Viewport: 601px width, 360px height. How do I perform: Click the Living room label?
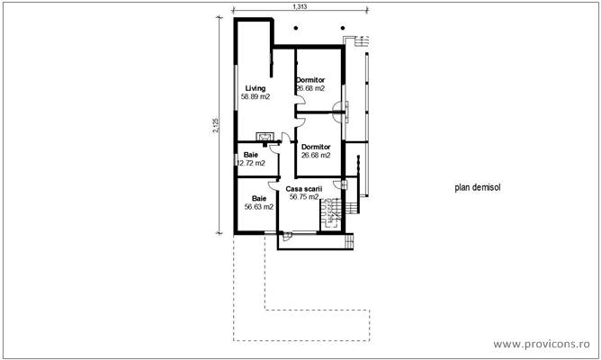pyautogui.click(x=256, y=88)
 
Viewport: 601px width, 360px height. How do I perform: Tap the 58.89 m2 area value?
pyautogui.click(x=256, y=96)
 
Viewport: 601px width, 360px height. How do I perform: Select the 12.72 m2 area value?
pyautogui.click(x=251, y=163)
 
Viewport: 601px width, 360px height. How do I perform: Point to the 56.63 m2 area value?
pyautogui.click(x=259, y=207)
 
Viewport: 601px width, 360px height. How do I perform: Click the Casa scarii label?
pyautogui.click(x=304, y=189)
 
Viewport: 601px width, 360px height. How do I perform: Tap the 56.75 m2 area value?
pyautogui.click(x=304, y=197)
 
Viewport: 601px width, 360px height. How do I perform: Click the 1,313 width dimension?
pyautogui.click(x=300, y=6)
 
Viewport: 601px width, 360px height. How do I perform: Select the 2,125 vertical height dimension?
pyautogui.click(x=216, y=125)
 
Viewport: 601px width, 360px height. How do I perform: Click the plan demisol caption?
pyautogui.click(x=478, y=187)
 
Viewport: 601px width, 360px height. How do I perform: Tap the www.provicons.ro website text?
pyautogui.click(x=542, y=344)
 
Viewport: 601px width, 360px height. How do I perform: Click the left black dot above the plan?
pyautogui.click(x=296, y=28)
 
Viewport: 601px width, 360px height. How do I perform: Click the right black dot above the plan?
pyautogui.click(x=343, y=28)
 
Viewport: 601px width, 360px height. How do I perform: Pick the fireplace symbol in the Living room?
pyautogui.click(x=265, y=137)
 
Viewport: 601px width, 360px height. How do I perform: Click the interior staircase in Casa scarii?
pyautogui.click(x=330, y=214)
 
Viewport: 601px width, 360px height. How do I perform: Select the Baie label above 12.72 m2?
pyautogui.click(x=251, y=155)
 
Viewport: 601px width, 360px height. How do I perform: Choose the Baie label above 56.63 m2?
pyautogui.click(x=259, y=199)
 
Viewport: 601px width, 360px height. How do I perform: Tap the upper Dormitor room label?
pyautogui.click(x=310, y=80)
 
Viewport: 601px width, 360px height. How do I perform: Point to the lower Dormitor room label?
pyautogui.click(x=316, y=147)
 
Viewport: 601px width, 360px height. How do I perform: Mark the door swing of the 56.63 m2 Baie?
pyautogui.click(x=274, y=184)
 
